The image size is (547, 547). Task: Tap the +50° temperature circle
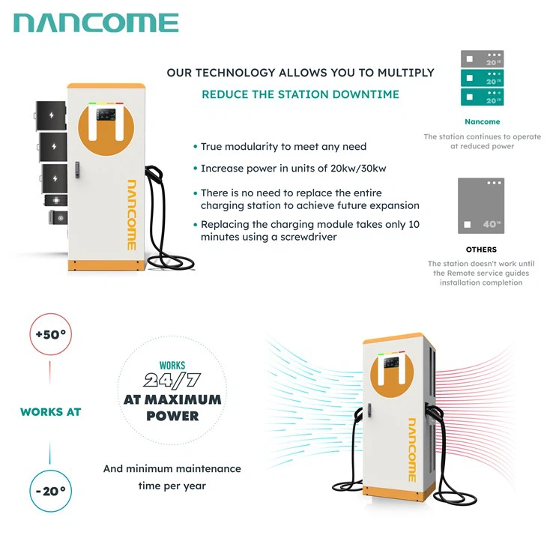click(x=51, y=334)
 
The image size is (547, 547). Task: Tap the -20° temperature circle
click(x=51, y=492)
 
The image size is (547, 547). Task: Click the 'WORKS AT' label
click(x=51, y=412)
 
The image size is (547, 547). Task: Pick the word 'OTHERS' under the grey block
click(x=481, y=250)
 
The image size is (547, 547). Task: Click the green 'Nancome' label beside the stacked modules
click(x=482, y=121)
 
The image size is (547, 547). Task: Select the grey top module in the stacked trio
click(x=481, y=59)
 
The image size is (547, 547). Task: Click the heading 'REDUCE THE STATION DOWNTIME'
click(x=300, y=94)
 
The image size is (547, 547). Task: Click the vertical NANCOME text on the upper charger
click(x=130, y=214)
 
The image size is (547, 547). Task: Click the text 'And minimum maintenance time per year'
click(x=172, y=477)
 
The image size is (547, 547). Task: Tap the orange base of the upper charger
click(x=104, y=265)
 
